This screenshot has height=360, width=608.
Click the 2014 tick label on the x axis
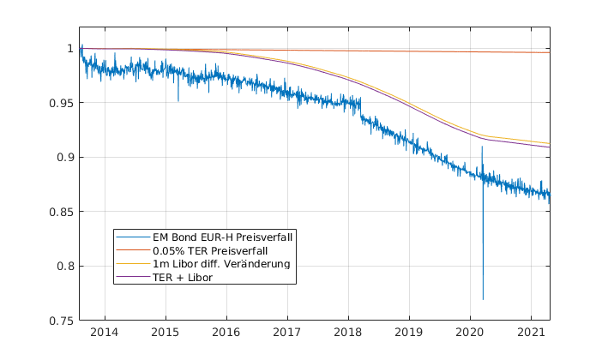[105, 333]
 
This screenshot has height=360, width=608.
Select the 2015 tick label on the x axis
[166, 333]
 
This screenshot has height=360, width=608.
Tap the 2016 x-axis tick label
[226, 333]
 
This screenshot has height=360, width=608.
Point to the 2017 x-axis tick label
[287, 333]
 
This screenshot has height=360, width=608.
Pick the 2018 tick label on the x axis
[348, 333]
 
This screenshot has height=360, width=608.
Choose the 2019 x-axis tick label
[409, 333]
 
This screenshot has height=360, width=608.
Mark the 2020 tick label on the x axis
[470, 333]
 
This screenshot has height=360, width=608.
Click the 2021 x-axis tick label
[531, 333]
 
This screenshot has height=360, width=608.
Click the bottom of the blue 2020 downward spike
[483, 299]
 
